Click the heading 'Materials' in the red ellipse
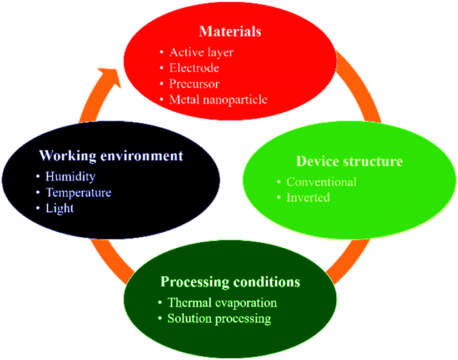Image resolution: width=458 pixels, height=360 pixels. pos(230,31)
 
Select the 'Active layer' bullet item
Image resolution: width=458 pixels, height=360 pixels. pos(202,53)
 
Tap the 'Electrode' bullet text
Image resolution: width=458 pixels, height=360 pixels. pos(194,68)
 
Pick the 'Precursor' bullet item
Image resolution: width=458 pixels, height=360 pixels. pos(194,84)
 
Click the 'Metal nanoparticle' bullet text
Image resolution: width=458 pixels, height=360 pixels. pos(218,99)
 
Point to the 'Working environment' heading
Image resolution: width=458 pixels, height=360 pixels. pos(111,156)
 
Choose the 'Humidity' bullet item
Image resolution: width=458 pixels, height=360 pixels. pos(71,177)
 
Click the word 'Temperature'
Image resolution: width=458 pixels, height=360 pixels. pos(78,193)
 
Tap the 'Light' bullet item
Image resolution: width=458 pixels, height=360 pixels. pos(59,208)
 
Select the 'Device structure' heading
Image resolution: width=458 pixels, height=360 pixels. pos(350,161)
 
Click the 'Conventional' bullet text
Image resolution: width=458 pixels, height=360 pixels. pos(321,182)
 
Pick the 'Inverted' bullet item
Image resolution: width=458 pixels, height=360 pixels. pos(308,198)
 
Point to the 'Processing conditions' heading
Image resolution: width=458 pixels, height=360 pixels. pos(231,282)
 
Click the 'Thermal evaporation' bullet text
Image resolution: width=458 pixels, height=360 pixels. pos(222,303)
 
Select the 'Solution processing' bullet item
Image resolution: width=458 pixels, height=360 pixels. pos(219,318)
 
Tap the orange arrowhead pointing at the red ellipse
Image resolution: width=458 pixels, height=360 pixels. pos(111,77)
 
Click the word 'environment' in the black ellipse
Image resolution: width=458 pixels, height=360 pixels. pos(142,156)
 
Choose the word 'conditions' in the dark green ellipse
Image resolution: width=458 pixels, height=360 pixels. pos(267,282)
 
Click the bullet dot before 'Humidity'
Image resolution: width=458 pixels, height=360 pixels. pos(38,177)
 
